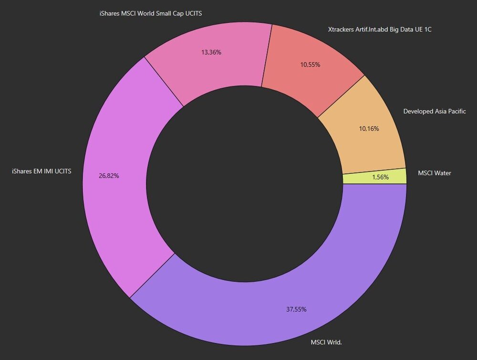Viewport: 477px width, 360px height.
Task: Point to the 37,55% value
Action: tap(296, 309)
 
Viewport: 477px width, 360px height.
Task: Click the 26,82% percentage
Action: tap(109, 175)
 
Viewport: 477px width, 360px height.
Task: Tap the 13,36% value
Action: tap(211, 52)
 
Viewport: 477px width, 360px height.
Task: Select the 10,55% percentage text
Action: tap(310, 64)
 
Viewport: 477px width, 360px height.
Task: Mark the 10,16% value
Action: tap(369, 128)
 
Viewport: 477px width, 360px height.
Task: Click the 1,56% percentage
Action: tap(380, 177)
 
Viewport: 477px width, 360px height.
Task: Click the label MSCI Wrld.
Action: tap(327, 342)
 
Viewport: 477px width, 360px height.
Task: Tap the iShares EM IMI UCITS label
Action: tap(42, 171)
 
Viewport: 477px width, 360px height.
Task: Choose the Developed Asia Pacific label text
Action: tap(434, 111)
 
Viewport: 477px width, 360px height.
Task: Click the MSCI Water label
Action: tap(434, 173)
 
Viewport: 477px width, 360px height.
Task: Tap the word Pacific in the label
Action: tap(455, 111)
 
